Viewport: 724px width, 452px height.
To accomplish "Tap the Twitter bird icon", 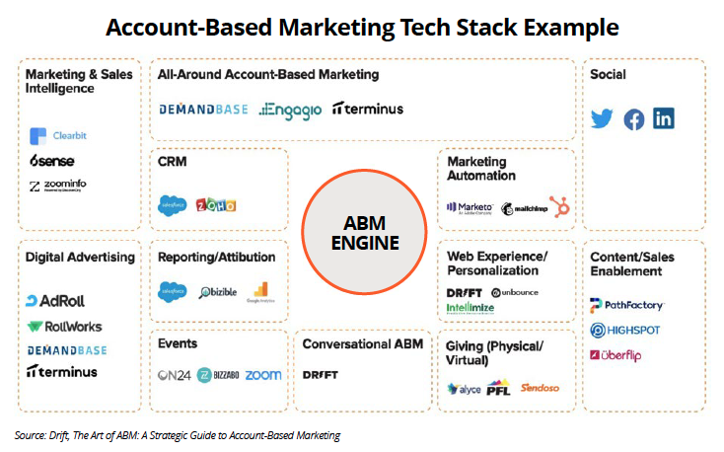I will tap(602, 119).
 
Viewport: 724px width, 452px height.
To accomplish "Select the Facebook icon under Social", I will tap(633, 119).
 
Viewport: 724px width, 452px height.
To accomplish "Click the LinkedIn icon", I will tap(664, 119).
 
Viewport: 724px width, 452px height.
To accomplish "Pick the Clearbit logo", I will tap(56, 136).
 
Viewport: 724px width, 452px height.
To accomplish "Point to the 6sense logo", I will tap(51, 161).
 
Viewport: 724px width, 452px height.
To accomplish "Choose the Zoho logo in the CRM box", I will tap(216, 205).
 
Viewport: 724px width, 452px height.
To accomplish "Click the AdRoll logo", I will tap(57, 301).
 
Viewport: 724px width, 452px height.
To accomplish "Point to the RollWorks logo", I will tap(64, 326).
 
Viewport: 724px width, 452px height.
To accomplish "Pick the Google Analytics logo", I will tap(259, 292).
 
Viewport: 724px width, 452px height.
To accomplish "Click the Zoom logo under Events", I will tap(262, 375).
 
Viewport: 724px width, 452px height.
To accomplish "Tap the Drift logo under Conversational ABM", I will tap(320, 375).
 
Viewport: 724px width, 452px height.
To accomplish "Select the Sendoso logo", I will tap(541, 387).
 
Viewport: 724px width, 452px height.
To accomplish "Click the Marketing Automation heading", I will tap(481, 169).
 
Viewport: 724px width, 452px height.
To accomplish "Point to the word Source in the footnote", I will tap(31, 435).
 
